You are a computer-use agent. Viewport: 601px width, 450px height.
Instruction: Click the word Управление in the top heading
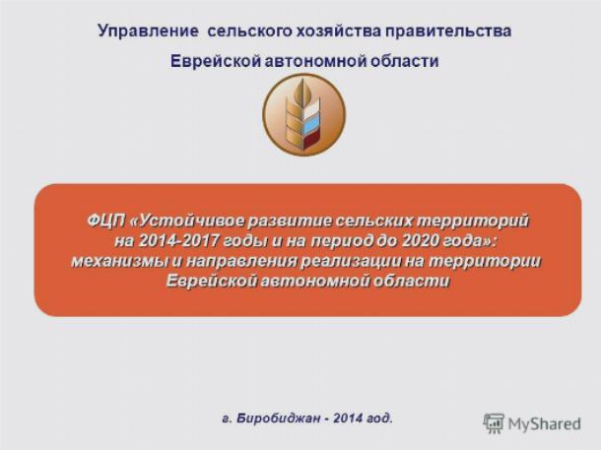148,32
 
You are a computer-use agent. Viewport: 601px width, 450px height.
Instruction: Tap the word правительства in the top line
448,32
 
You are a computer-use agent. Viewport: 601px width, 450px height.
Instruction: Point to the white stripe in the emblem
311,107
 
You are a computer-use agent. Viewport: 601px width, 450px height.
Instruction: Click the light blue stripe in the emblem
311,124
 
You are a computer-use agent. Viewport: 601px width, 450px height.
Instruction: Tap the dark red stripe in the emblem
311,141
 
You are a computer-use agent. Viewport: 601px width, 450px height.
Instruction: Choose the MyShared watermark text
544,424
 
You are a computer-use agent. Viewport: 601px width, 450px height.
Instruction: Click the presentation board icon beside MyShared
494,423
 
